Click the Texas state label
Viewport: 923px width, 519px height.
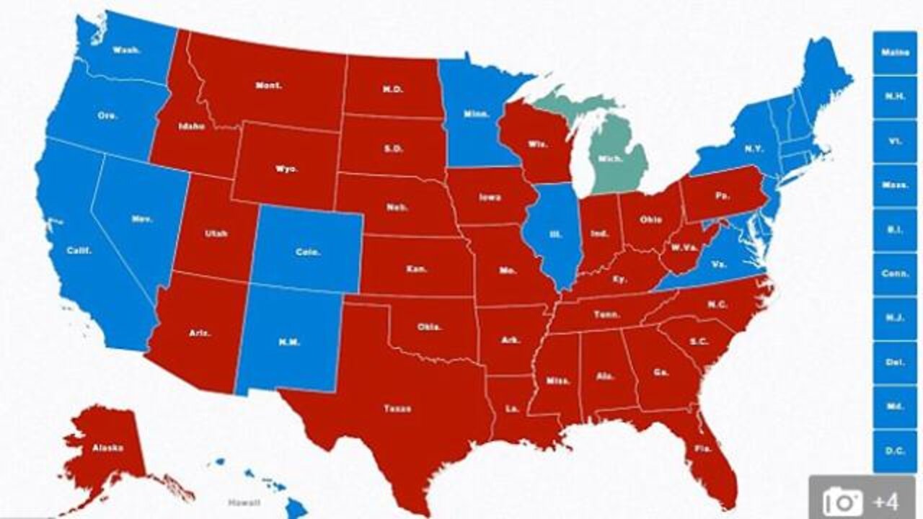(x=392, y=409)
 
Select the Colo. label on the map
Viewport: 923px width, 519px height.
(x=307, y=252)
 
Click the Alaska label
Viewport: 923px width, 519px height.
(x=107, y=448)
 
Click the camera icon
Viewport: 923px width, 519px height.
(x=842, y=499)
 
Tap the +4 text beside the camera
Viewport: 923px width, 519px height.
(x=885, y=499)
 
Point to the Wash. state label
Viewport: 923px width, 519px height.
(x=125, y=50)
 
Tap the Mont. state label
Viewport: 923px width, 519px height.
(x=269, y=85)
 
